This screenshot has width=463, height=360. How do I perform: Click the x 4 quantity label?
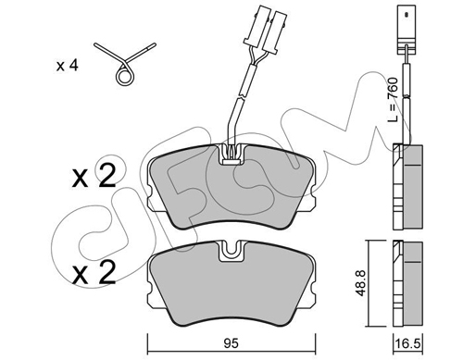coord(67,66)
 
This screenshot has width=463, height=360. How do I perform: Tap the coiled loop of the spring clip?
coord(125,75)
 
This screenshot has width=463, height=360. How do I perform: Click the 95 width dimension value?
coord(231,343)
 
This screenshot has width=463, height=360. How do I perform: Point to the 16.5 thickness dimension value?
coord(407,344)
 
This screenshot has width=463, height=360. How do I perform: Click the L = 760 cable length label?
coord(394,99)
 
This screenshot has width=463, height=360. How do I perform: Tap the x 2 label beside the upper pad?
coord(94,175)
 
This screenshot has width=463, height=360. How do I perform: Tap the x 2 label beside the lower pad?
coord(94,272)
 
